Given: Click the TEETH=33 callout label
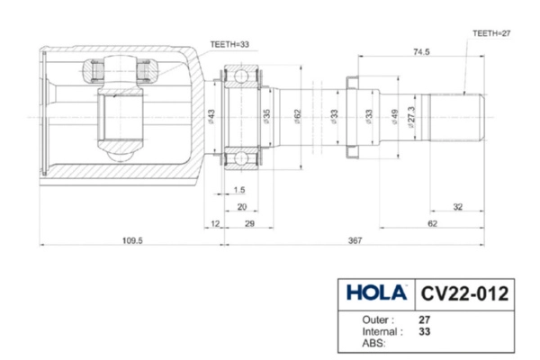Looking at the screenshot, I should coord(229,42).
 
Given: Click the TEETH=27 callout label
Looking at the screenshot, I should coord(491,32).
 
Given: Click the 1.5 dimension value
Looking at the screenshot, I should coord(238,190).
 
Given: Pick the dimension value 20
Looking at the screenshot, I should coord(242,206).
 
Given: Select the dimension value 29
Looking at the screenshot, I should coord(248,222).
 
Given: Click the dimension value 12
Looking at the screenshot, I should coord(213,222).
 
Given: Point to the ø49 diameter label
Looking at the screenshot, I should coord(393,117).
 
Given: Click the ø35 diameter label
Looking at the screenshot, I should coord(266,117).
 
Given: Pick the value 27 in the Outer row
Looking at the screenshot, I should coord(424,319).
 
